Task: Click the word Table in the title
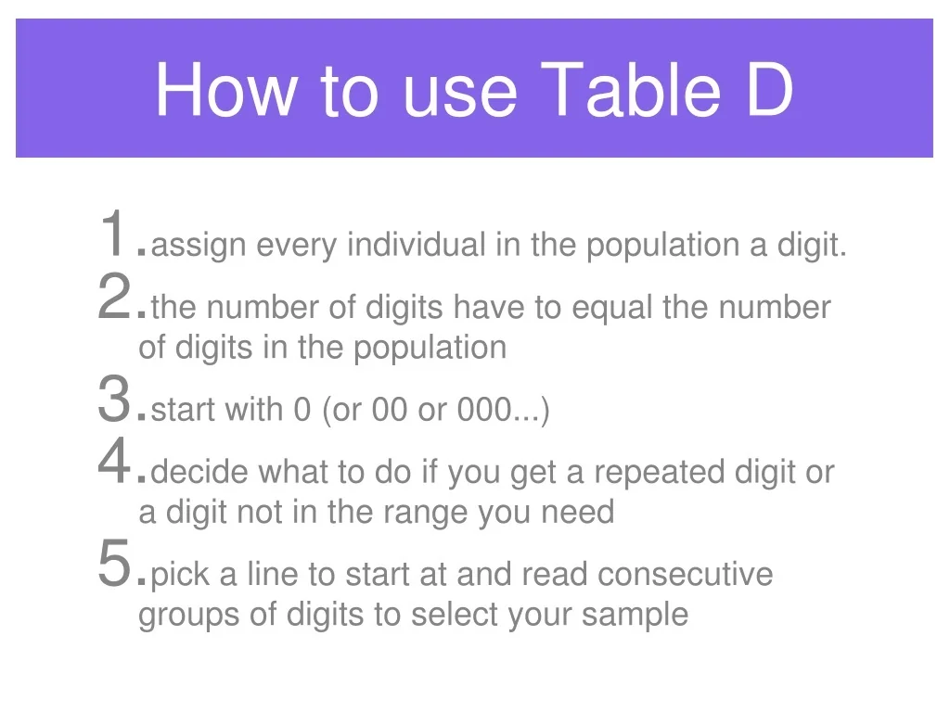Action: [631, 89]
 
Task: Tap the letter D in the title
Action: [770, 89]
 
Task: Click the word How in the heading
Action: [225, 89]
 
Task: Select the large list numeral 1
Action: [113, 233]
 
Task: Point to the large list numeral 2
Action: [114, 296]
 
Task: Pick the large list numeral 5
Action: [114, 563]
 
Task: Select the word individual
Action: [417, 245]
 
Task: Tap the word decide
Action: [199, 471]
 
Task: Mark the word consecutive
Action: [686, 574]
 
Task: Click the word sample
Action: [635, 616]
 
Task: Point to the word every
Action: [296, 247]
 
